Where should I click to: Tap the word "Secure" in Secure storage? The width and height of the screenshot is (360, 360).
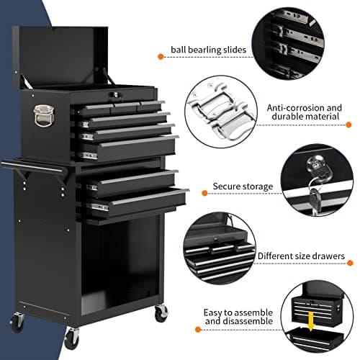(x=228, y=186)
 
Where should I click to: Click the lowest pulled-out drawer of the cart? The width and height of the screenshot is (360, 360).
(x=137, y=202)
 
